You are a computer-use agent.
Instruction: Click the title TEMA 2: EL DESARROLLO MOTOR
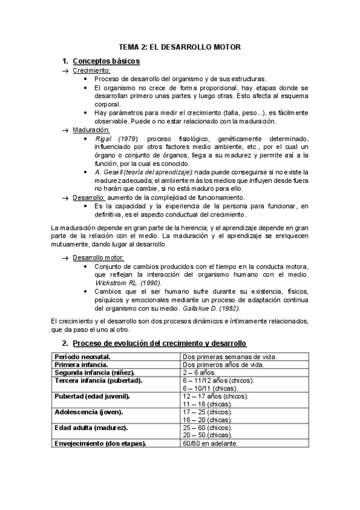click(x=180, y=47)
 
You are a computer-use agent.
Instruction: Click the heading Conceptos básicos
click(x=106, y=61)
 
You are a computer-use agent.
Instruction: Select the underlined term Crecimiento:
click(x=91, y=71)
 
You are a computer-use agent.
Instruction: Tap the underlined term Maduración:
click(x=91, y=130)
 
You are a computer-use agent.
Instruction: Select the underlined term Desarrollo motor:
click(x=98, y=257)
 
